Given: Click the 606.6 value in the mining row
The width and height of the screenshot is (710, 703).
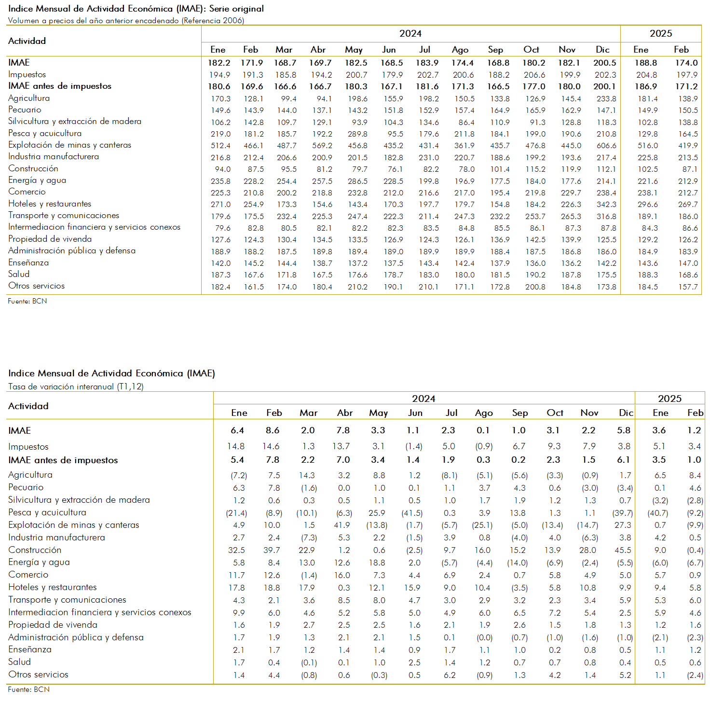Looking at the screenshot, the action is [606, 146].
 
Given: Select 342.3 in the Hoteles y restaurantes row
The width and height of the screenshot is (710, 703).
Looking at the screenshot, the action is [606, 204].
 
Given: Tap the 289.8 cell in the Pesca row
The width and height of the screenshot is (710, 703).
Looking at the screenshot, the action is [357, 134].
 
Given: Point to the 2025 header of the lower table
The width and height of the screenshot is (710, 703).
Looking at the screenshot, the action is [669, 399].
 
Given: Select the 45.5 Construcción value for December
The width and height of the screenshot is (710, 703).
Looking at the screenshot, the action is [623, 550].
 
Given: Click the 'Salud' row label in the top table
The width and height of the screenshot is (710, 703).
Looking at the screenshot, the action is [19, 274].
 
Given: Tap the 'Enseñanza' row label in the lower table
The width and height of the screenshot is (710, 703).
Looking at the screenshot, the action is [30, 649].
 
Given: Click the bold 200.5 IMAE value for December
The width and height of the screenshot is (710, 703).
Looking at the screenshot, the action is [605, 63].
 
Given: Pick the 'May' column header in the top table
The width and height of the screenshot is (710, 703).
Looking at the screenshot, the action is [354, 50].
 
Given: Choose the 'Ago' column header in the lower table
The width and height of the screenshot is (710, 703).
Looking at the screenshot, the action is [484, 413].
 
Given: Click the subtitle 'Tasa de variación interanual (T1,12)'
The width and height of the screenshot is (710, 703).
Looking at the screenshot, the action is [76, 386].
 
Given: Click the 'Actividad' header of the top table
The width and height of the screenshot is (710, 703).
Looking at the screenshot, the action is [27, 41].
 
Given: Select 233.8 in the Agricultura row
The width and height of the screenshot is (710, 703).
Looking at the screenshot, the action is [606, 99].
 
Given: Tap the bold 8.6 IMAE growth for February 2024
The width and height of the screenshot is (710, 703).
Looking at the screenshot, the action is [273, 430].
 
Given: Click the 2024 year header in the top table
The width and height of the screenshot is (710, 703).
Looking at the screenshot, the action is [410, 34].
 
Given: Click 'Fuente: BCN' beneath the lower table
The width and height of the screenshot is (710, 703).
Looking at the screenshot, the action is [29, 689].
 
